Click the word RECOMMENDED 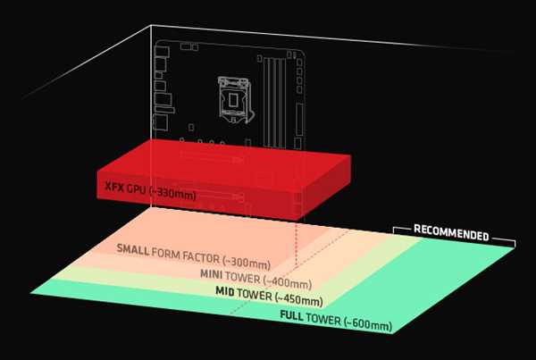coord(451,233)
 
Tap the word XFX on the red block coord(114,187)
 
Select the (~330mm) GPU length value coord(173,194)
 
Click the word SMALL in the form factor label coord(132,249)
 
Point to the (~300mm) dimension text coord(247,262)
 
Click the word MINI coord(211,274)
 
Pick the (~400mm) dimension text coord(287,282)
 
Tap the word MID coord(225,291)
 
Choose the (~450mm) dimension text coord(298,298)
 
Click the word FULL coord(291,314)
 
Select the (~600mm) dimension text coord(368,323)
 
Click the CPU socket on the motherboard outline coord(234,99)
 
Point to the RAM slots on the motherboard coord(274,102)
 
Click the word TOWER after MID coord(255,294)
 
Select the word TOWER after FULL coord(323,319)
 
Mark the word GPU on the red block coord(137,189)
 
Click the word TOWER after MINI coord(243,278)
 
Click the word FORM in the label coord(166,253)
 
